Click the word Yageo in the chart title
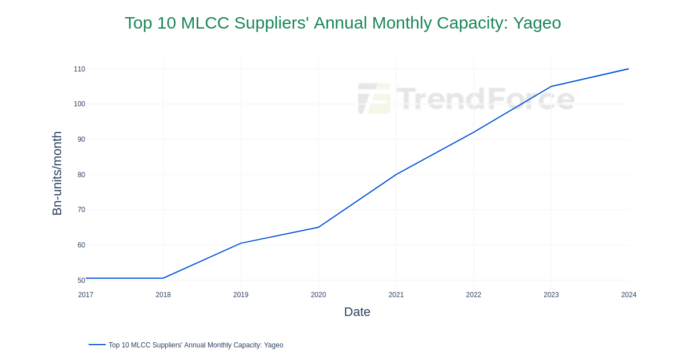537,23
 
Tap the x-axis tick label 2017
86,295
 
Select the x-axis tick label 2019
241,295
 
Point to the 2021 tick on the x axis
396,295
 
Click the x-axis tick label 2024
628,295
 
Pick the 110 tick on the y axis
79,69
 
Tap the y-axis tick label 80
81,175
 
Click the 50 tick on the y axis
81,281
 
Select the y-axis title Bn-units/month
57,173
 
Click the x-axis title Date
357,312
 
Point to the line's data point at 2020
318,227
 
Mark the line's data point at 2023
551,86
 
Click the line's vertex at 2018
163,278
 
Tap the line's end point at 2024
628,69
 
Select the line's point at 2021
396,174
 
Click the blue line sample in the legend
97,345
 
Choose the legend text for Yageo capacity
196,345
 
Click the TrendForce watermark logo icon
374,98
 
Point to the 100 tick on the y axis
79,104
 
